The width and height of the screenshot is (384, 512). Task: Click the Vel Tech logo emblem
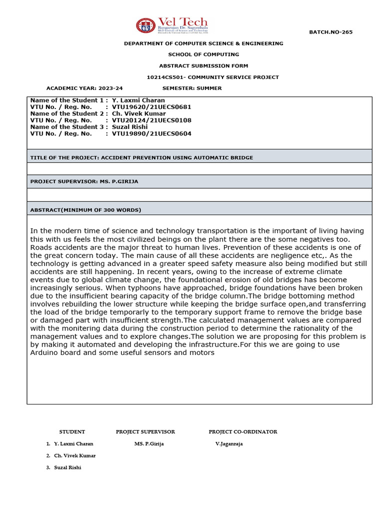pyautogui.click(x=146, y=25)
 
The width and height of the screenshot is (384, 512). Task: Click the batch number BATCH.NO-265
pyautogui.click(x=330, y=32)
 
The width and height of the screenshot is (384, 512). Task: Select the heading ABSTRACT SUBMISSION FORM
pyautogui.click(x=203, y=65)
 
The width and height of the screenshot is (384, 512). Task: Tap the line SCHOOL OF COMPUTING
pyautogui.click(x=203, y=54)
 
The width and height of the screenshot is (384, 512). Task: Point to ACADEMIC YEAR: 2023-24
pyautogui.click(x=84, y=88)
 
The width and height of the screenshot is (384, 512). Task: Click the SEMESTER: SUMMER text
pyautogui.click(x=192, y=88)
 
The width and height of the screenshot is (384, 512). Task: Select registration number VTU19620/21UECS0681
pyautogui.click(x=151, y=107)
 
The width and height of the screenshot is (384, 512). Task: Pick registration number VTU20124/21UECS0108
pyautogui.click(x=151, y=120)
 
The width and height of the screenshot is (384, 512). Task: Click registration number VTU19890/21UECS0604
pyautogui.click(x=151, y=133)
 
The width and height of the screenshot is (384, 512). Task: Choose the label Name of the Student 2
pyautogui.click(x=67, y=113)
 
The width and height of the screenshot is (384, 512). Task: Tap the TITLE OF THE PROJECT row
pyautogui.click(x=141, y=157)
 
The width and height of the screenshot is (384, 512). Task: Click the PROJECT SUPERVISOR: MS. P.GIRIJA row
pyautogui.click(x=84, y=181)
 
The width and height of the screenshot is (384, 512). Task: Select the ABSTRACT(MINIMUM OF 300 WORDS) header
pyautogui.click(x=85, y=210)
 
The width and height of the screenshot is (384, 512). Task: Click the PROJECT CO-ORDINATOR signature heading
pyautogui.click(x=243, y=431)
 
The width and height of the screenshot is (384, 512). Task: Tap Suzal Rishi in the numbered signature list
pyautogui.click(x=67, y=467)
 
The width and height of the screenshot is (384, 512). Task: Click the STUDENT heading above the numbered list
pyautogui.click(x=72, y=431)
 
